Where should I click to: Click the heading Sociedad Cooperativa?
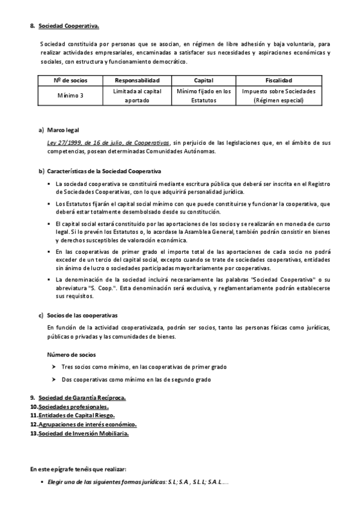point(69,26)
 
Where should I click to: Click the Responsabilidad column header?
point(136,80)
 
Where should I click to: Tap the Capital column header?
point(203,80)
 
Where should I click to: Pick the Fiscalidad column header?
point(278,80)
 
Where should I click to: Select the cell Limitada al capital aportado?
point(136,96)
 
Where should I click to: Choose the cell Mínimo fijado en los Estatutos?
point(203,96)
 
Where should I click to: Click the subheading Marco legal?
point(63,130)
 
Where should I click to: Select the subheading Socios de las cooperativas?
point(82,315)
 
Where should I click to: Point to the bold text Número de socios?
point(71,355)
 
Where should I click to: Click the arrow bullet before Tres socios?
point(54,366)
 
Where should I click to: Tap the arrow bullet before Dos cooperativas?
point(54,379)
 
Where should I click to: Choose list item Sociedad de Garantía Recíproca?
point(82,398)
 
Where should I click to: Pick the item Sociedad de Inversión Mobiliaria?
point(83,433)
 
